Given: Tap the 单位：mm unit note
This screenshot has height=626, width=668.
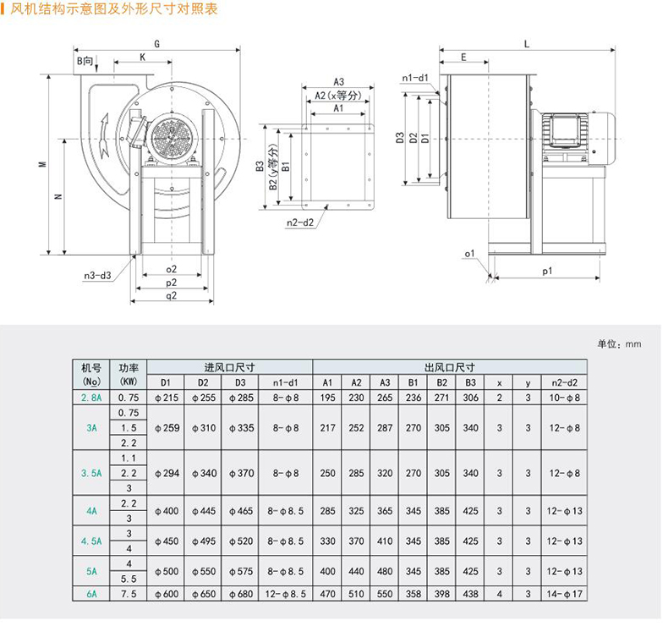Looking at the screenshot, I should tap(619, 344).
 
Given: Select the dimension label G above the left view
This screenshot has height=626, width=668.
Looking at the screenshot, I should tap(157, 43).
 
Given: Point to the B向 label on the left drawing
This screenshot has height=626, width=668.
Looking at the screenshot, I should tap(86, 61).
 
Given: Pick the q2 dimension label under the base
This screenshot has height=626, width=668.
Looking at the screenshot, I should tap(172, 295).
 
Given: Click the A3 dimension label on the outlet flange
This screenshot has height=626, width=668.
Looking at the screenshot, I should tap(337, 82).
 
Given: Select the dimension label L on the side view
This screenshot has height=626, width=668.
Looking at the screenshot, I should tap(526, 43).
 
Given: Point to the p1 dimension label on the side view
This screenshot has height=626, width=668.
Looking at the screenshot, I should tap(547, 271).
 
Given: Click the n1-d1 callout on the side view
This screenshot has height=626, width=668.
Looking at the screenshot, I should tap(415, 79).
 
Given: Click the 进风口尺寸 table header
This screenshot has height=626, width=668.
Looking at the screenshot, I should tap(229, 368).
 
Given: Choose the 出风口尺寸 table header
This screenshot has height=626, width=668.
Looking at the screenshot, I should tap(449, 368).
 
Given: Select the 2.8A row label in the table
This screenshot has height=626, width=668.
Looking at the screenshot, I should tap(91, 398).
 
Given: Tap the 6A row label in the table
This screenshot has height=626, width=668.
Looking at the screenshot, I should tap(91, 594).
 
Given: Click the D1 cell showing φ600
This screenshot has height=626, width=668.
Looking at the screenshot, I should tap(166, 594).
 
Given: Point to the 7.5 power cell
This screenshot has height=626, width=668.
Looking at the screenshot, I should tap(129, 594).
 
